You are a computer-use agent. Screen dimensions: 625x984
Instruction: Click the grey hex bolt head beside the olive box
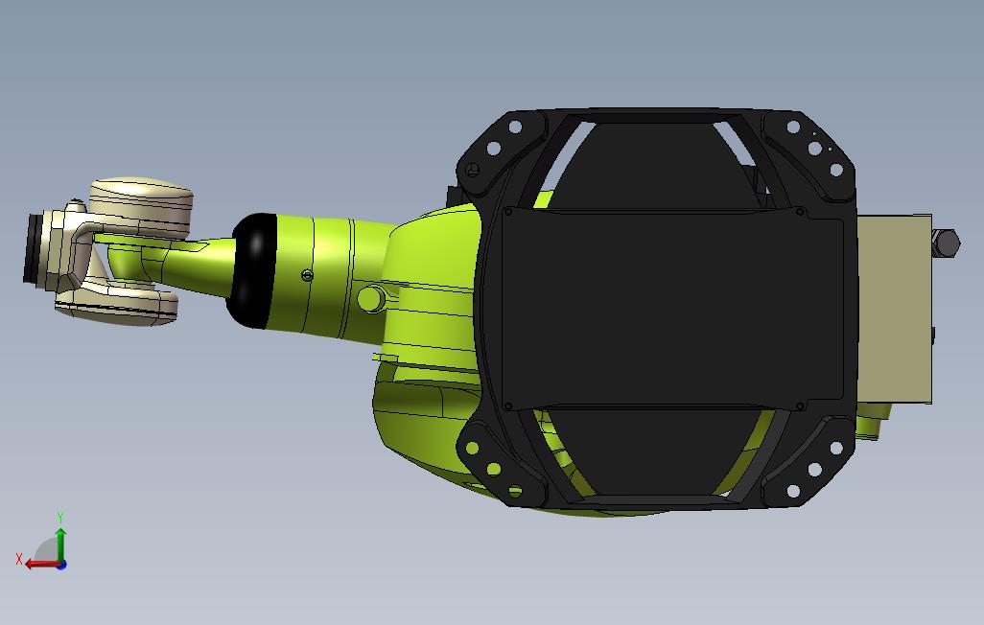click(x=946, y=243)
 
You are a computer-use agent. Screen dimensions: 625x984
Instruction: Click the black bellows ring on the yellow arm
click(x=252, y=271)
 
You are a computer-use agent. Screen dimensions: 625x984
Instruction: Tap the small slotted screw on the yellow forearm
click(x=306, y=276)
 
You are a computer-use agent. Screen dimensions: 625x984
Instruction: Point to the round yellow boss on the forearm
click(x=369, y=299)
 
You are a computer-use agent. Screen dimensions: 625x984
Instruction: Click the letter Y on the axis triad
click(x=60, y=518)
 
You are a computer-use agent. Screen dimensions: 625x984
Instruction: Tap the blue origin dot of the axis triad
click(x=61, y=565)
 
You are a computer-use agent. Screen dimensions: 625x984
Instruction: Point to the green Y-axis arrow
click(x=60, y=544)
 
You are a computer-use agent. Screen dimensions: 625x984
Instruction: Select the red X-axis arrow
click(x=40, y=564)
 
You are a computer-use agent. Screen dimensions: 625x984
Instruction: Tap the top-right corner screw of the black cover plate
click(x=801, y=211)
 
